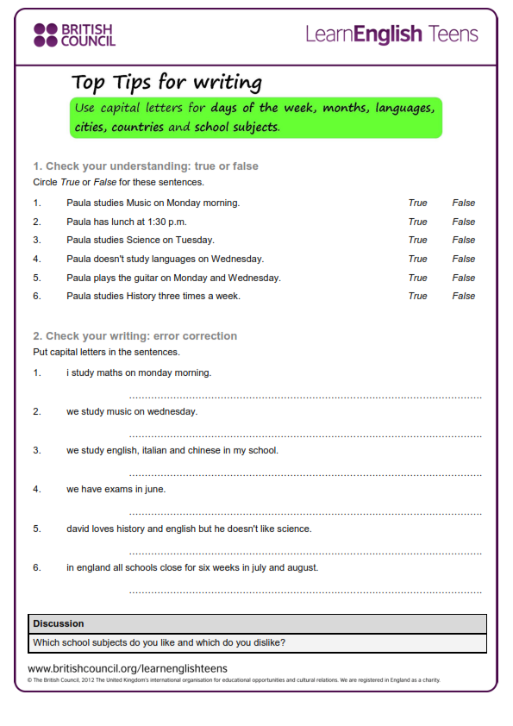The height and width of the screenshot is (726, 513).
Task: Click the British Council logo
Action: tap(73, 34)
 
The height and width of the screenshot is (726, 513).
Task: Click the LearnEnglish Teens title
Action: tap(391, 34)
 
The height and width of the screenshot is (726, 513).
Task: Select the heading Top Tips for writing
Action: tap(166, 83)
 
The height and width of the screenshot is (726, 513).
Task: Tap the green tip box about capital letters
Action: tap(256, 117)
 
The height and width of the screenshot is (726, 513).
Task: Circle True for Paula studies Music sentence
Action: tap(417, 203)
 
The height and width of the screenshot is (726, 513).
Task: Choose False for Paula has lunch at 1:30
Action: tap(463, 222)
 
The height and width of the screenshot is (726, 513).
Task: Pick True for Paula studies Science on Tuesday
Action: tap(417, 241)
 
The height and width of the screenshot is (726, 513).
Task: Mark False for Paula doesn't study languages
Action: tap(463, 259)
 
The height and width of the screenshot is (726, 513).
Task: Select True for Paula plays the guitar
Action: tap(417, 278)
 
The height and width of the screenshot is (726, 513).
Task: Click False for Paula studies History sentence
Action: tap(463, 296)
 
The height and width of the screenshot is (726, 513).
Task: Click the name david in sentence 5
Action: tap(78, 529)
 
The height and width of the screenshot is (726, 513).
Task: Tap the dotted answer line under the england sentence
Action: tap(305, 592)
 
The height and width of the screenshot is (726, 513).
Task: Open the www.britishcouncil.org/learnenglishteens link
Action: tap(128, 668)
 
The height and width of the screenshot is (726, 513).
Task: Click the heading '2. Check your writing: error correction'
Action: tap(135, 336)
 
